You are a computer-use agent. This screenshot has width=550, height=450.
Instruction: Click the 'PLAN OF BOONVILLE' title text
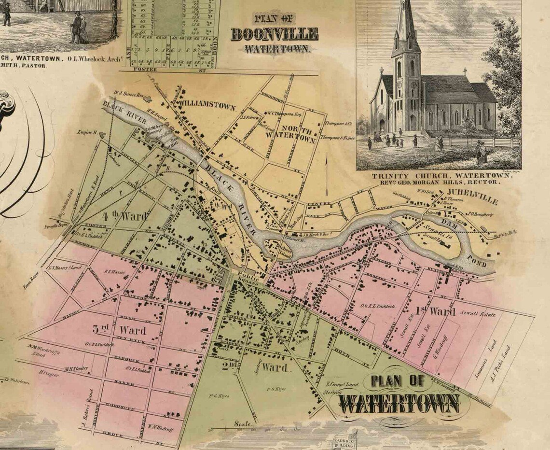274,34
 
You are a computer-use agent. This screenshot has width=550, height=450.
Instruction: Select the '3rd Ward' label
126,331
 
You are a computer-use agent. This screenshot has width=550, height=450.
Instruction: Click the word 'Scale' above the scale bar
241,423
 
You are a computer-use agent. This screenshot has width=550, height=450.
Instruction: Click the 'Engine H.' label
88,132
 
